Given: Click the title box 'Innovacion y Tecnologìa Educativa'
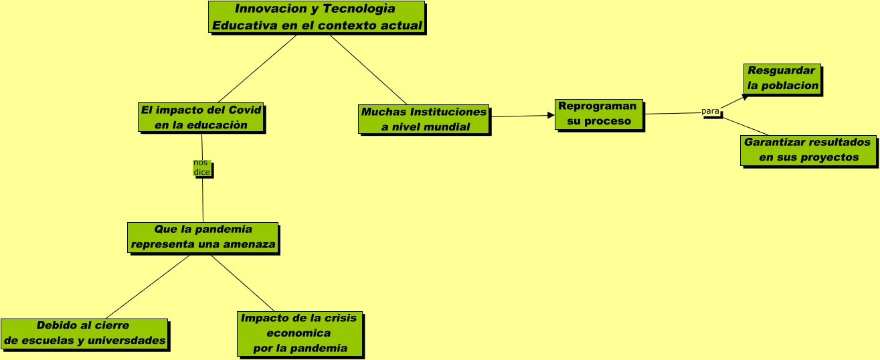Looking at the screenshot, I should (316, 17).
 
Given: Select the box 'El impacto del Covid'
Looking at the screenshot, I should (201, 117).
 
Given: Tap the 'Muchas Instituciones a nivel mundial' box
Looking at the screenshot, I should (424, 119).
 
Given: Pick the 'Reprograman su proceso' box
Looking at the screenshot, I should (599, 114).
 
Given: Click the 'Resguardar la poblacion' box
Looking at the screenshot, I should (782, 78).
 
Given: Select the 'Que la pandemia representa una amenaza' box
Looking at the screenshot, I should (203, 238).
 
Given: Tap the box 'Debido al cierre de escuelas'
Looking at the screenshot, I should (84, 334).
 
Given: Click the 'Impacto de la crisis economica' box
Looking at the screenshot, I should (299, 333).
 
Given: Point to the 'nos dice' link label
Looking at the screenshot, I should (201, 168).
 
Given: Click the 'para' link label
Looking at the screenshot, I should (710, 111).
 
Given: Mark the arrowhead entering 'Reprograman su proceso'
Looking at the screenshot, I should (551, 116).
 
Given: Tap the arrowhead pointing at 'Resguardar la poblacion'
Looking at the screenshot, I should (745, 97).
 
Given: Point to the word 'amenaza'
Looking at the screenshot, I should (252, 245).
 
